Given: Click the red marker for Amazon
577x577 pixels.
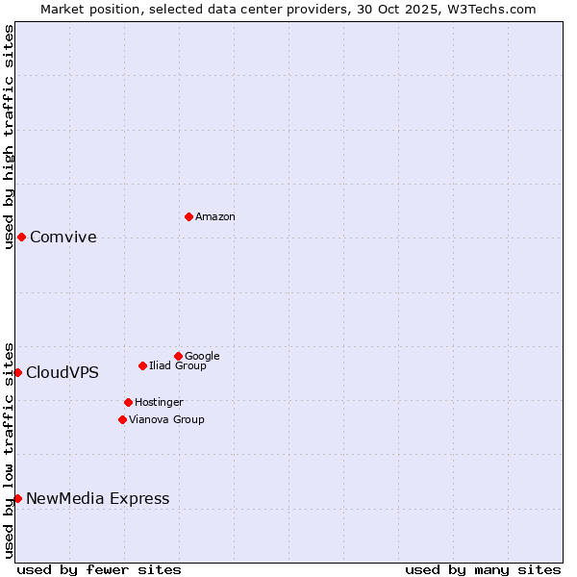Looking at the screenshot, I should coord(188,216).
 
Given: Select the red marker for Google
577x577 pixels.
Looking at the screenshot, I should coord(178,356).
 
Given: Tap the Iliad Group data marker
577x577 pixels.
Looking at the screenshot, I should coord(142,365).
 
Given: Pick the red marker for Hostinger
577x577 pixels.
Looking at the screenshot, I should coord(128,402).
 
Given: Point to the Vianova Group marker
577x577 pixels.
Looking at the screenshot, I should coord(122,419).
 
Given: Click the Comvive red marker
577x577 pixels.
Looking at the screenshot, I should coord(21,237).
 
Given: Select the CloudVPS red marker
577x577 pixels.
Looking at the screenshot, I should coord(17,372).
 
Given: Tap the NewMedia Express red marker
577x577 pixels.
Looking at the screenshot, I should coord(17,498).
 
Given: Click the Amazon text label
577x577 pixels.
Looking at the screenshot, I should coord(215,217).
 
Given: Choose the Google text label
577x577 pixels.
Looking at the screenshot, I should coord(202,357).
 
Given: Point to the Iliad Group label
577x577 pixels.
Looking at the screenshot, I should coord(178,366).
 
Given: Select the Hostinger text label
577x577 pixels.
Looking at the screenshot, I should coord(159,403).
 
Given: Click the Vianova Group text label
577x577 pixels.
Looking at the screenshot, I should coord(166,420).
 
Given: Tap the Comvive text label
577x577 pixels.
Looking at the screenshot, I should coord(63,238).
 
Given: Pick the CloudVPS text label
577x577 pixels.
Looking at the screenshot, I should coord(63,373).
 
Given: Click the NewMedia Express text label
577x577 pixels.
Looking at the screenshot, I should coord(98,499).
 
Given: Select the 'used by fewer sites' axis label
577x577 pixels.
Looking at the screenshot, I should coord(99,569).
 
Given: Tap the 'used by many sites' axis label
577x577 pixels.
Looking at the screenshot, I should coord(483,569).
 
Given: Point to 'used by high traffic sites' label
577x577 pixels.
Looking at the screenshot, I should coord(9,137).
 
